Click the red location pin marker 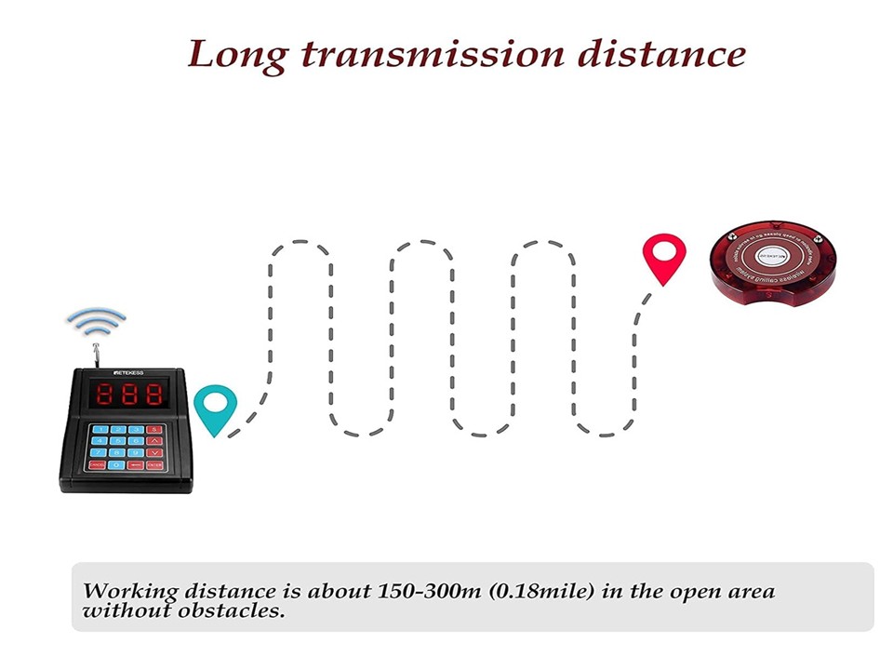pos(664,256)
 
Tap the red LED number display pos(127,395)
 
